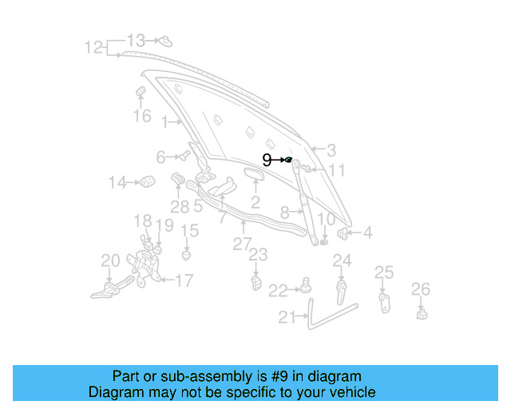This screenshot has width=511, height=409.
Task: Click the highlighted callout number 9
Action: (267, 161)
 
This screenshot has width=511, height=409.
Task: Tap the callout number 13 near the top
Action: (137, 40)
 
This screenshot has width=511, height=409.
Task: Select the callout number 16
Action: (141, 117)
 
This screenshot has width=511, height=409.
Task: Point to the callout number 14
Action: (117, 183)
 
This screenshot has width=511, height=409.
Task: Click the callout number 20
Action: (110, 260)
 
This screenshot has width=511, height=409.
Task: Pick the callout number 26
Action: (420, 288)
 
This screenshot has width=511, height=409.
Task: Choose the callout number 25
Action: (384, 272)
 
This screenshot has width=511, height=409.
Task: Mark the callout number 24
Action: (342, 260)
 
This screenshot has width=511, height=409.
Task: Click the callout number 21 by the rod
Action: (287, 317)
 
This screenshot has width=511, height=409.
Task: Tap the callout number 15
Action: (188, 231)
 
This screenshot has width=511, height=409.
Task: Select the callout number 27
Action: (242, 244)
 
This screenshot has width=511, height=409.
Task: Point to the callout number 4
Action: (367, 233)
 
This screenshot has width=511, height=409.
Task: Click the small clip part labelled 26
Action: (422, 312)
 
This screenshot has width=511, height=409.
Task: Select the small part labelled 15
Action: (187, 256)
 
